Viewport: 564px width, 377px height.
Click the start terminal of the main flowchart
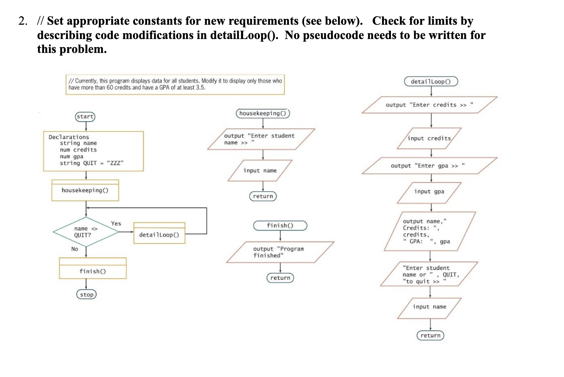point(85,116)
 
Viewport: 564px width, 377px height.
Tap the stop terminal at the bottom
point(87,295)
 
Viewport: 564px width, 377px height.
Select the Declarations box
point(93,151)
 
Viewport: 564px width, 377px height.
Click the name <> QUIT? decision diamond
point(86,232)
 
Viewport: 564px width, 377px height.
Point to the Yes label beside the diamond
point(116,223)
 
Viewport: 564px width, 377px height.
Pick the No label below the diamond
point(75,249)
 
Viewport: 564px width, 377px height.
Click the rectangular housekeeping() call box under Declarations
point(85,190)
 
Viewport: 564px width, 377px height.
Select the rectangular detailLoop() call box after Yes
point(159,233)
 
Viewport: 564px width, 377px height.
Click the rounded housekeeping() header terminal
point(263,113)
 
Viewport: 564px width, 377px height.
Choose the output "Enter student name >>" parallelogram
point(261,139)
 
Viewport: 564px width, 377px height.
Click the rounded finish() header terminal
point(280,226)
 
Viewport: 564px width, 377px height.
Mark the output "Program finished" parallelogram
point(280,252)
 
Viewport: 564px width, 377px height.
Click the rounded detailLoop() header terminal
point(431,82)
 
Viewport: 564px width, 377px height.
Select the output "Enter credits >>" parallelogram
point(429,105)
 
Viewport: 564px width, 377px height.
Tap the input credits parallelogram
point(429,138)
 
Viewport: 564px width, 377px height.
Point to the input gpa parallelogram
point(429,192)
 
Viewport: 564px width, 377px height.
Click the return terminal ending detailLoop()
point(430,335)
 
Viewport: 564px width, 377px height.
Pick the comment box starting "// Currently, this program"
point(175,84)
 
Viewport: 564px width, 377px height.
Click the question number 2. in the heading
point(23,21)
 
